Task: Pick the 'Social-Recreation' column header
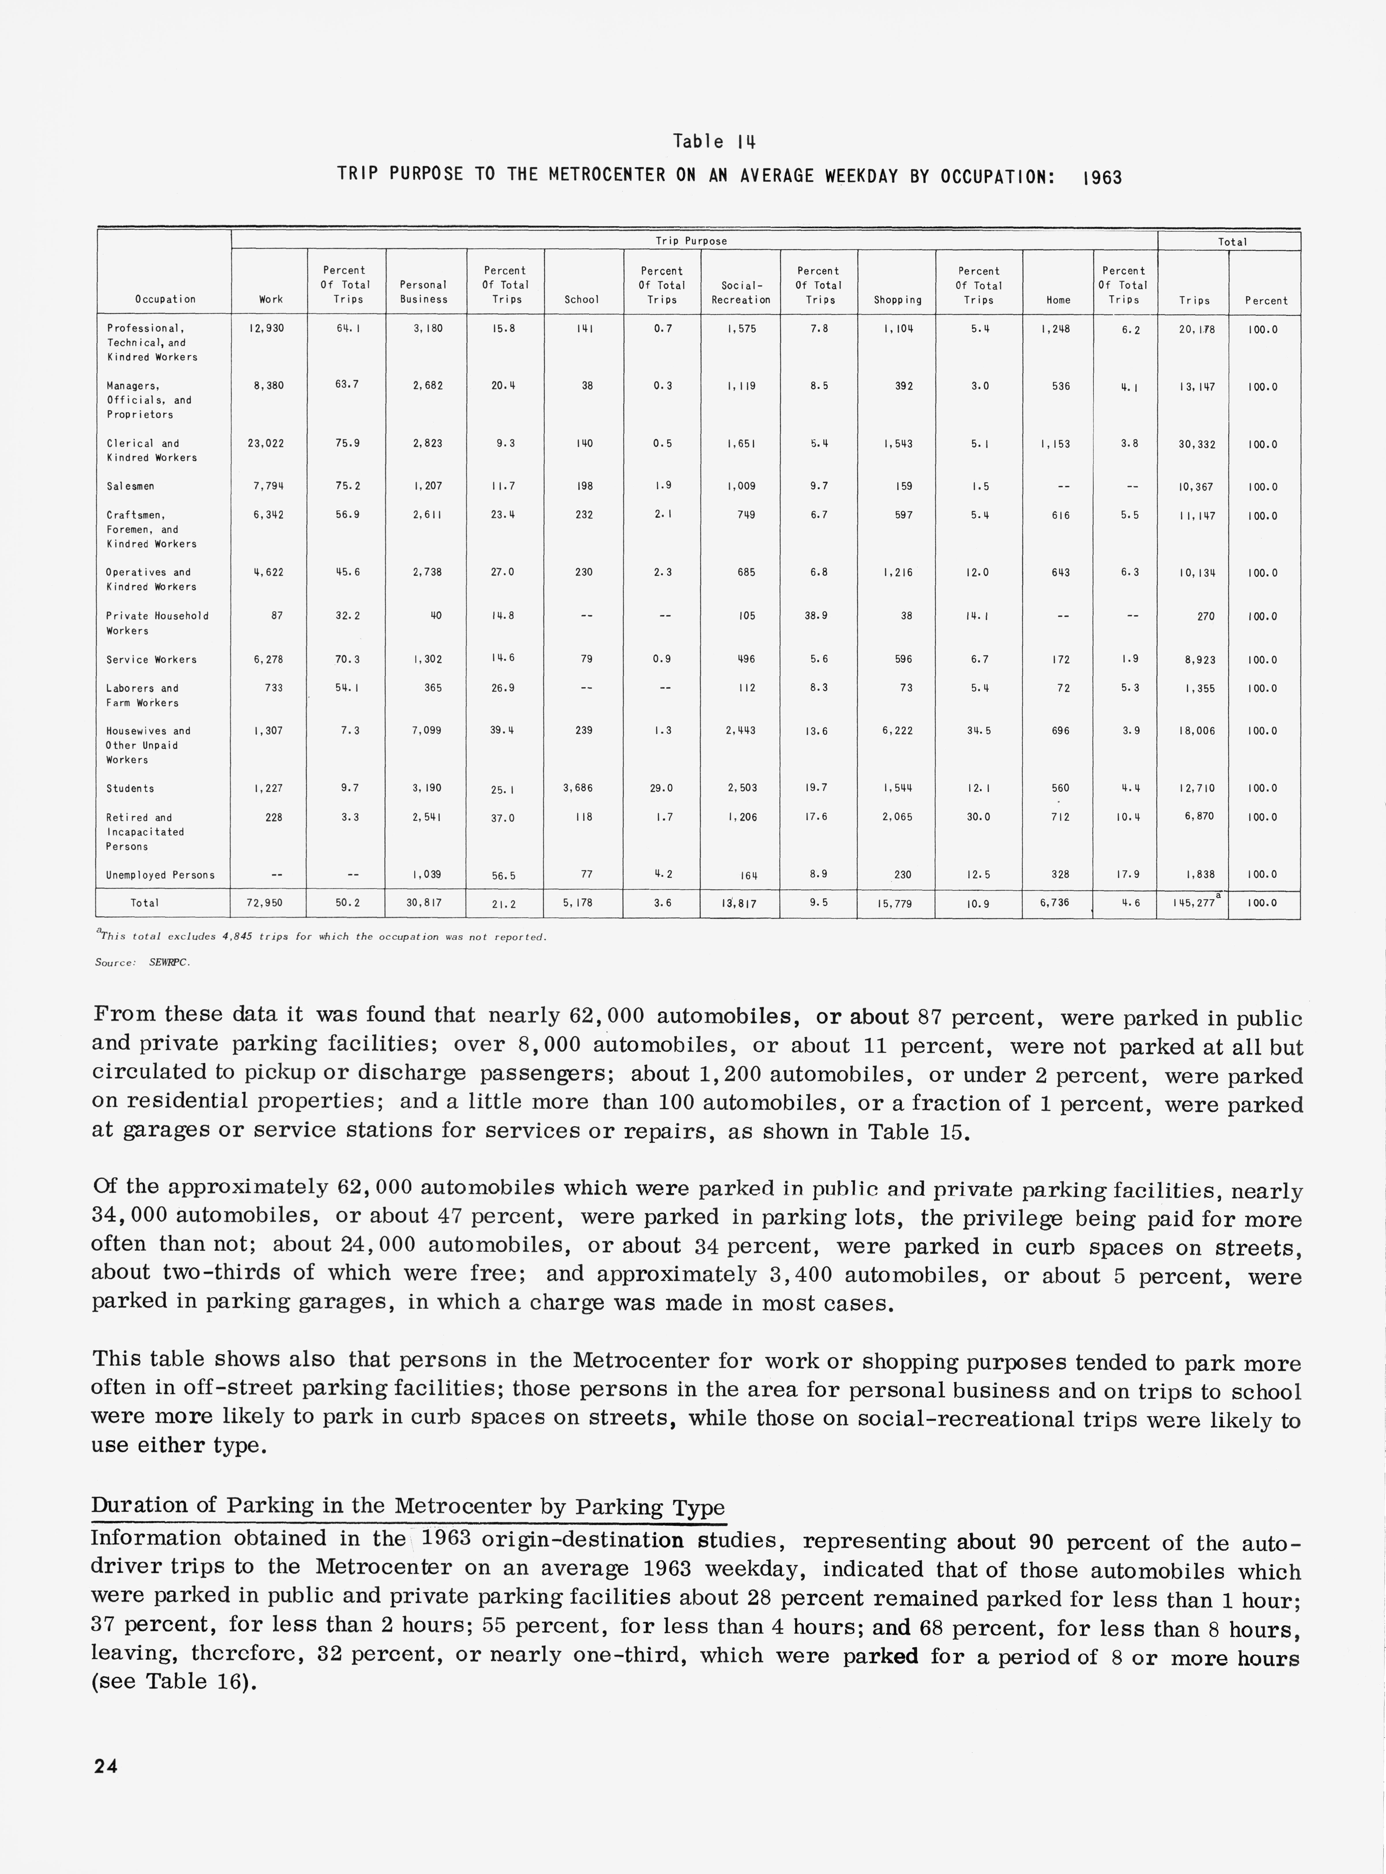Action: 740,293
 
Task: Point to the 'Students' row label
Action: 130,789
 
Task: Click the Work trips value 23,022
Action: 266,444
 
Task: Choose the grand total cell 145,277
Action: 1191,904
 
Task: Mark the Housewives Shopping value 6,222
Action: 897,731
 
